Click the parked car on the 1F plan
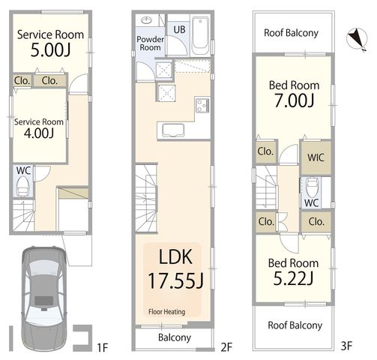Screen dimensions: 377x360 (x=44, y=298)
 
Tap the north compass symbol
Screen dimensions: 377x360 (x=358, y=39)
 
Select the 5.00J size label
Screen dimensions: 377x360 (x=50, y=50)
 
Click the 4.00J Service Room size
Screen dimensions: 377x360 (x=39, y=133)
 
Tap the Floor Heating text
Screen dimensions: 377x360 (x=166, y=312)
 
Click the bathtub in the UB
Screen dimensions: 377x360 (x=200, y=35)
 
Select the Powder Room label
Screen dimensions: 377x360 (x=150, y=43)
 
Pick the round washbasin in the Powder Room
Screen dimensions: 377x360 (x=147, y=20)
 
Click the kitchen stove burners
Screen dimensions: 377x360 (x=202, y=106)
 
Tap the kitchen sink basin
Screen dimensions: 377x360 (x=173, y=130)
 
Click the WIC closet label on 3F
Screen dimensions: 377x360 (x=316, y=157)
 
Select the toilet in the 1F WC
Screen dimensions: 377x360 (x=23, y=186)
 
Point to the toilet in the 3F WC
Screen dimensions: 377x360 (x=312, y=187)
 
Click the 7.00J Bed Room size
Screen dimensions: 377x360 (x=294, y=100)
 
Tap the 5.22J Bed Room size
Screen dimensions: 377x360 (x=293, y=278)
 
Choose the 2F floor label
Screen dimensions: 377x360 (x=226, y=347)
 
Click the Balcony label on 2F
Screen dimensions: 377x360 (x=175, y=337)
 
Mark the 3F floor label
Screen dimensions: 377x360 (x=346, y=346)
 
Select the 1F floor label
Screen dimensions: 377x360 (x=103, y=347)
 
